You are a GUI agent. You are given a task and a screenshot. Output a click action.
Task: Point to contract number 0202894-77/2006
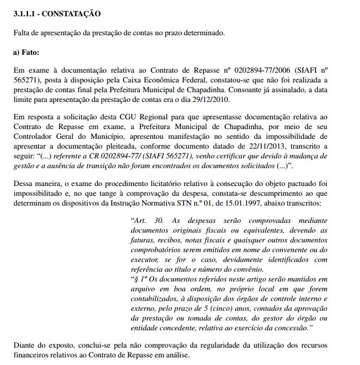[253, 70]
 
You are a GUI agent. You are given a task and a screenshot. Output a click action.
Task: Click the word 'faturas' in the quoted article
[143, 241]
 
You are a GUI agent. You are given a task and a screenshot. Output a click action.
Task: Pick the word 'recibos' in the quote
[172, 241]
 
